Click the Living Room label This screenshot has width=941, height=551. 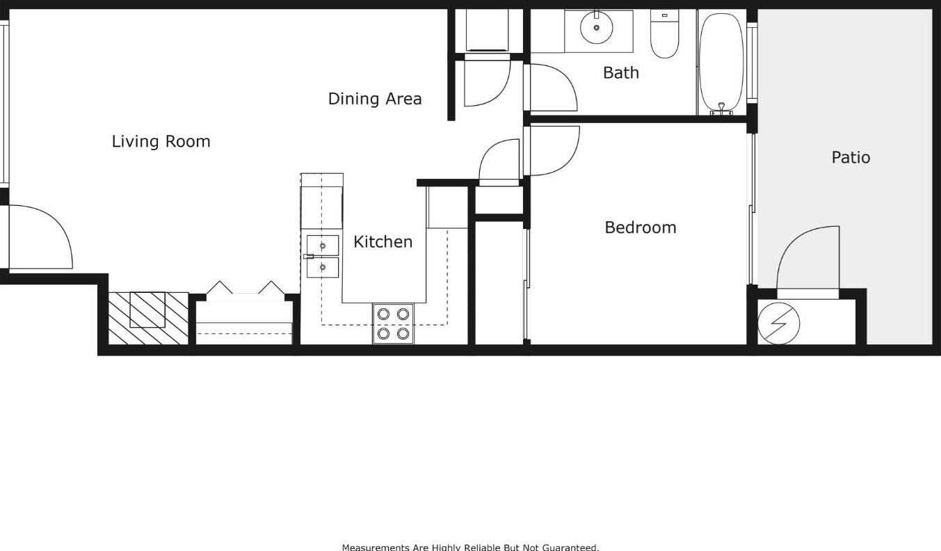pyautogui.click(x=161, y=141)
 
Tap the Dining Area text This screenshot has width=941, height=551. pyautogui.click(x=374, y=99)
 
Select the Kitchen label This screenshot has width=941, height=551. pyautogui.click(x=383, y=241)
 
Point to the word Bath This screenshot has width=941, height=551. pyautogui.click(x=620, y=72)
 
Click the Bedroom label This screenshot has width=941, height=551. pyautogui.click(x=640, y=227)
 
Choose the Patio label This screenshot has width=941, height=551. pyautogui.click(x=851, y=157)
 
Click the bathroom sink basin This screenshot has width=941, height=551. pyautogui.click(x=596, y=28)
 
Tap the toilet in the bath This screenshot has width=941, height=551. pyautogui.click(x=664, y=34)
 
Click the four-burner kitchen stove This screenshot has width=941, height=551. pyautogui.click(x=393, y=324)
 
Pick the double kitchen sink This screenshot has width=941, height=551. pyautogui.click(x=323, y=256)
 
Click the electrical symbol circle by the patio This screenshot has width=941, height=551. pyautogui.click(x=779, y=324)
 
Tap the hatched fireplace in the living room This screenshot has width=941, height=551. pyautogui.click(x=148, y=318)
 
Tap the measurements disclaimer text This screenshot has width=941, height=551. pyautogui.click(x=470, y=547)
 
